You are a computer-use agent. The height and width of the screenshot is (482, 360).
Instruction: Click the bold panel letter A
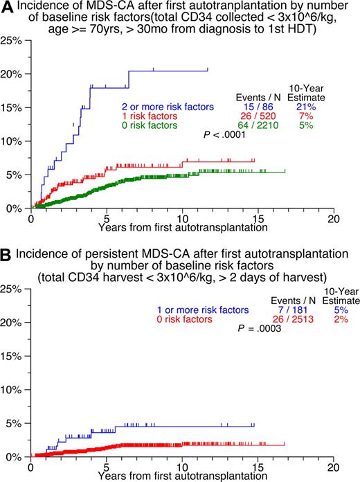(6, 8)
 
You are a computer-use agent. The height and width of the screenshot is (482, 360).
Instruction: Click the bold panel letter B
(6, 255)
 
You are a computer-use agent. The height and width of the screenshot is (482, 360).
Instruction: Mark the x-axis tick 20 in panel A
(334, 218)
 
